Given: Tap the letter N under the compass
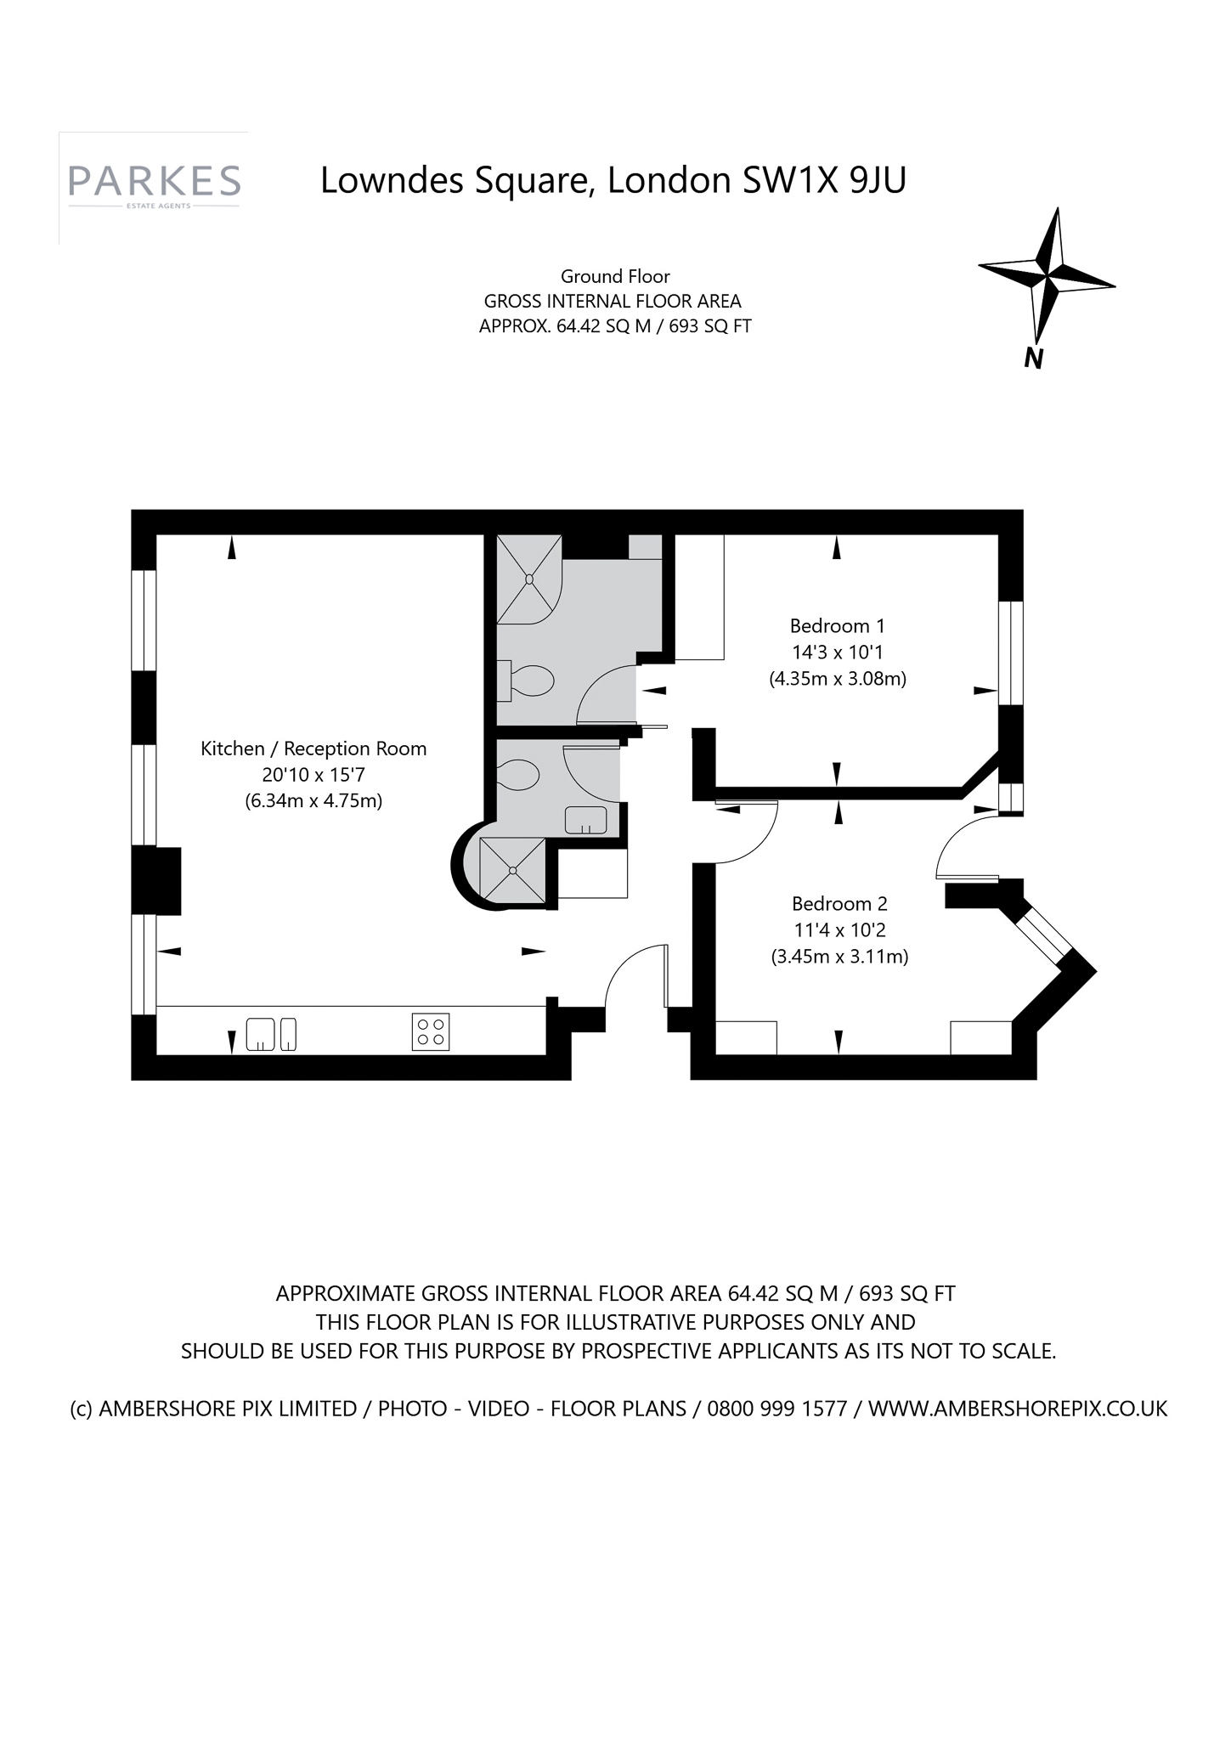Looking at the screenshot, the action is click(1033, 359).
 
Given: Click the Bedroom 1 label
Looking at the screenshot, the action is click(837, 626).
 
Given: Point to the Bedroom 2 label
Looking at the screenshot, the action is click(839, 904).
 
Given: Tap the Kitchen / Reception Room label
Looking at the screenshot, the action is click(313, 749).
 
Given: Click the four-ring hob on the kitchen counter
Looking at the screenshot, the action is click(431, 1031).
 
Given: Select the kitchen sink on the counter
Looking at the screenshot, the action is click(271, 1034).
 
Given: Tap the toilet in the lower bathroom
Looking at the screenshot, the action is click(518, 774).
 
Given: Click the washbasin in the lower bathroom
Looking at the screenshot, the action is click(586, 820).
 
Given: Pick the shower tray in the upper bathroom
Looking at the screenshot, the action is click(528, 579).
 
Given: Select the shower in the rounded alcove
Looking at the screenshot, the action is click(512, 869).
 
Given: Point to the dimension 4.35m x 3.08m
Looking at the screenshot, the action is click(838, 680).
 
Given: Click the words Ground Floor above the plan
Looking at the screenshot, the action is click(615, 277).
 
